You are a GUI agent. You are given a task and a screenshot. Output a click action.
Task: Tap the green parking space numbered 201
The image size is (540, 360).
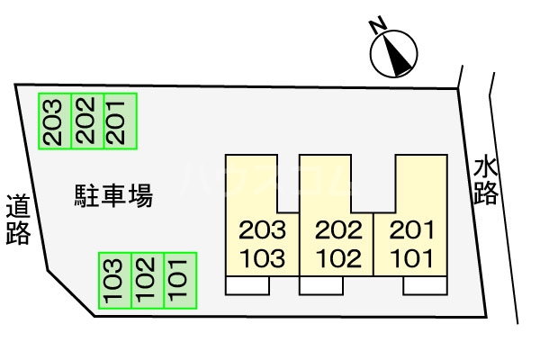click(120, 121)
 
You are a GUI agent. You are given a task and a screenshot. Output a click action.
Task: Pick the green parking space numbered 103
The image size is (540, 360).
click(114, 282)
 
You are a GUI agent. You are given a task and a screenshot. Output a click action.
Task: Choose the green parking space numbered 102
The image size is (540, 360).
click(147, 282)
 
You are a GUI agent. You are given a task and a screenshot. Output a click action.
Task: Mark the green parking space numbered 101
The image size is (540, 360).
click(179, 282)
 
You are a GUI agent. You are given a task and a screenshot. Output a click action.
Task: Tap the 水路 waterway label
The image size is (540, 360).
click(486, 180)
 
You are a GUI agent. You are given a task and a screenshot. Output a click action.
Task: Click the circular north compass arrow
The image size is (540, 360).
click(392, 53)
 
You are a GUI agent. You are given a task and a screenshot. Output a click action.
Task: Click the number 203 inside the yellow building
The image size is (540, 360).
click(262, 229)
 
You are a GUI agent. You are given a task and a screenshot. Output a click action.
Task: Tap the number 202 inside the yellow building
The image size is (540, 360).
click(337, 229)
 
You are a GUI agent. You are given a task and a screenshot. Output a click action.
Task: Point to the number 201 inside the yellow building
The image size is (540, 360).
click(411, 229)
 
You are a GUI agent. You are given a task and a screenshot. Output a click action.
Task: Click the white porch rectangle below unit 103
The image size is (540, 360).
click(248, 285)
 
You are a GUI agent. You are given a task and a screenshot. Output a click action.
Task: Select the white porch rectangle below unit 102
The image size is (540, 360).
click(322, 285)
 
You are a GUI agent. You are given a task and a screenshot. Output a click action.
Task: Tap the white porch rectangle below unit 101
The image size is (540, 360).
click(425, 285)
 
